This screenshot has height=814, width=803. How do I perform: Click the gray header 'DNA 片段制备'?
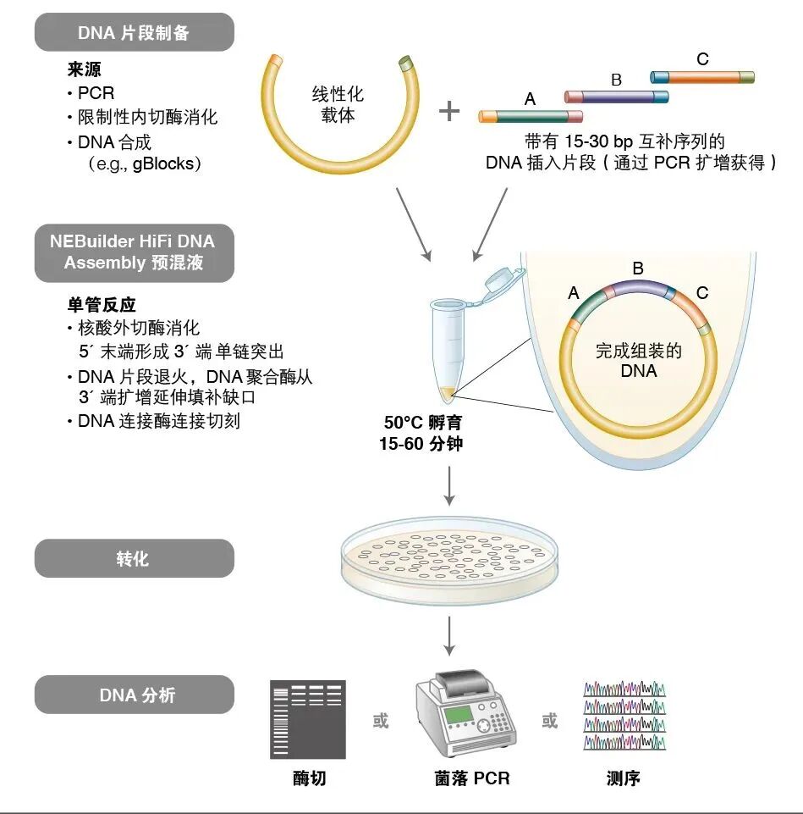[134, 32]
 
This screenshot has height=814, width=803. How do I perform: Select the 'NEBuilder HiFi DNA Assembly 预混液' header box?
[134, 252]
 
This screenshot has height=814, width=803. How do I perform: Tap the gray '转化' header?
[134, 559]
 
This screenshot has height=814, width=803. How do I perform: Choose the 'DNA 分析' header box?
[134, 695]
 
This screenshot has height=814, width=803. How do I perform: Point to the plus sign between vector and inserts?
[449, 110]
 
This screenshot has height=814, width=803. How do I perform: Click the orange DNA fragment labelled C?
[701, 77]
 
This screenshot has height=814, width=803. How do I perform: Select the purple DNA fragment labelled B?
[616, 97]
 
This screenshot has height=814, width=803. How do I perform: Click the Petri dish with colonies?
[449, 560]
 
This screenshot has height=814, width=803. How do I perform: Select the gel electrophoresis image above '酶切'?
[308, 719]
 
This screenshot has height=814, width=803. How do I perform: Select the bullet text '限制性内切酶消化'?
[147, 117]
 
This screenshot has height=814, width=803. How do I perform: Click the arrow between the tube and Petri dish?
[449, 484]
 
